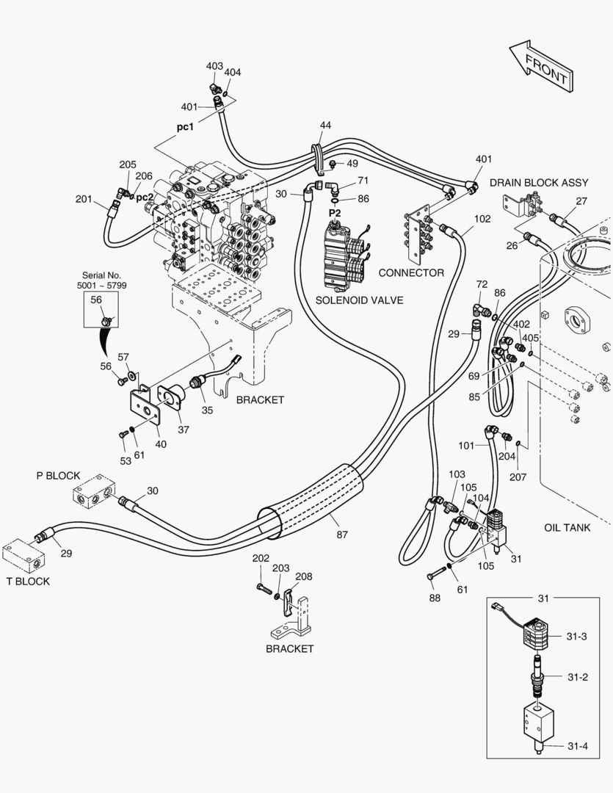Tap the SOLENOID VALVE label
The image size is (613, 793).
(359, 300)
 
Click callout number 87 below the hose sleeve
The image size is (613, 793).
(342, 535)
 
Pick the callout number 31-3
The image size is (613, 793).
(576, 636)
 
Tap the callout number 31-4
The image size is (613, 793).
(576, 747)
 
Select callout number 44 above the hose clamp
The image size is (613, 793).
(325, 126)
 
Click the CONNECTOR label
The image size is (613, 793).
(411, 273)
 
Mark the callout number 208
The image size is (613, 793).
(304, 576)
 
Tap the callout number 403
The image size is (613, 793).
(214, 66)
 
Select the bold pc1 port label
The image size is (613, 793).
(185, 126)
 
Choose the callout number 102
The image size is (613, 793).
(482, 219)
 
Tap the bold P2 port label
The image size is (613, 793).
(335, 213)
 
